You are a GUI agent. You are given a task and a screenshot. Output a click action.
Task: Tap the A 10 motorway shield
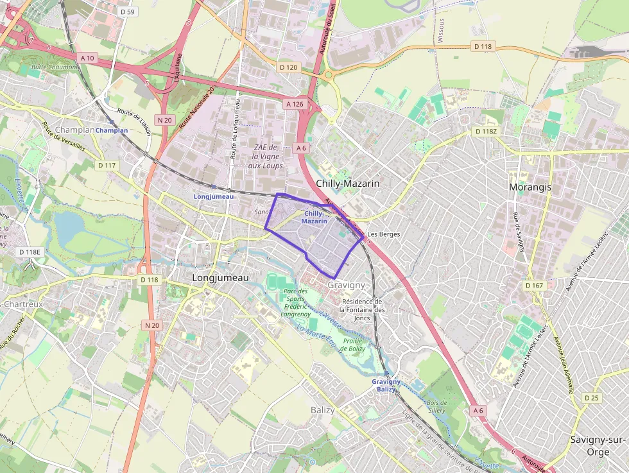pyautogui.click(x=88, y=58)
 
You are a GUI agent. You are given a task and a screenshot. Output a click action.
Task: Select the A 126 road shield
pyautogui.click(x=295, y=104)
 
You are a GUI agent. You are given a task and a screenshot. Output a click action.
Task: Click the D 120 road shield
pyautogui.click(x=288, y=67)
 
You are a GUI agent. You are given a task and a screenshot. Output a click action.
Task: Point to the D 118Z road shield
pyautogui.click(x=485, y=131)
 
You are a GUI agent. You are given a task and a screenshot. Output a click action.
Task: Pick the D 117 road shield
pyautogui.click(x=107, y=166)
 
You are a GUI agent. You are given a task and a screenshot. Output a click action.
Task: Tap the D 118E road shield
pyautogui.click(x=30, y=252)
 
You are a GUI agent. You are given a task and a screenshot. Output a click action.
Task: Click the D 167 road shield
pyautogui.click(x=534, y=285)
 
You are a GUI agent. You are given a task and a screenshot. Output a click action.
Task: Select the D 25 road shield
pyautogui.click(x=591, y=398)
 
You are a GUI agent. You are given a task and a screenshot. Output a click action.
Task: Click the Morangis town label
pyautogui.click(x=530, y=187)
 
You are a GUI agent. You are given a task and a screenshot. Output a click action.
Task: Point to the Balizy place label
pyautogui.click(x=322, y=410)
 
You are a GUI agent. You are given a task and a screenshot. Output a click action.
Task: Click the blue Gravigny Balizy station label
pyautogui.click(x=386, y=385)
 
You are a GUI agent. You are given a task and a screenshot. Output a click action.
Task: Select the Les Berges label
pyautogui.click(x=384, y=234)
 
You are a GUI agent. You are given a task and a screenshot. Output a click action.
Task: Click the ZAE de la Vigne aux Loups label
pyautogui.click(x=265, y=157)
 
